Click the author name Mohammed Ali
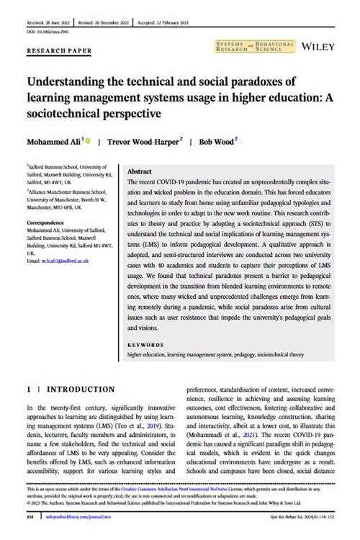click(53, 141)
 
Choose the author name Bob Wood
click(213, 141)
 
